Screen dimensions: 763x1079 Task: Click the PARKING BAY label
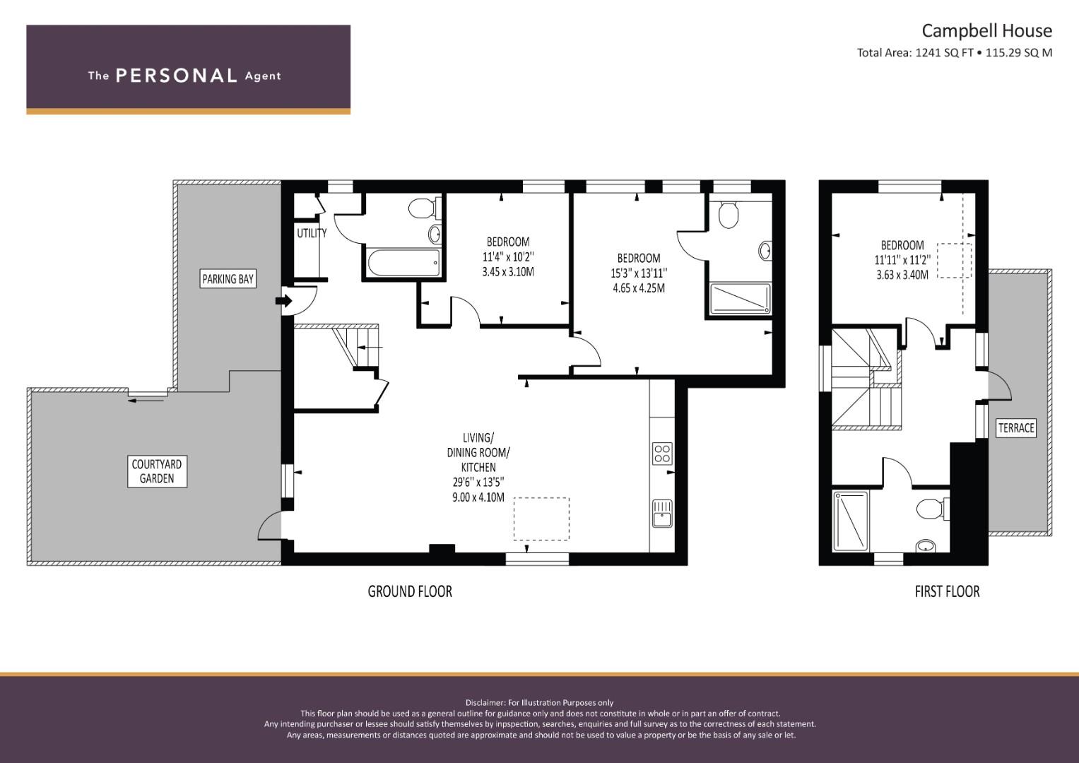[228, 279]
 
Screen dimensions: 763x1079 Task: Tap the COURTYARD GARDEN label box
[157, 471]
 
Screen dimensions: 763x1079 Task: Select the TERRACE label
[1016, 427]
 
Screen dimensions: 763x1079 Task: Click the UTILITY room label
[311, 233]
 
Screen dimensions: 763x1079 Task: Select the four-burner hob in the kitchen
[662, 454]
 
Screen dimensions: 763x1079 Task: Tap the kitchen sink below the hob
[662, 513]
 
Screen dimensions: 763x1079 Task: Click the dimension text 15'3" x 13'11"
[639, 273]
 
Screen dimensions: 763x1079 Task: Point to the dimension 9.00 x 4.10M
[478, 497]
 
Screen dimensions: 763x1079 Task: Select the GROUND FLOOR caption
[410, 591]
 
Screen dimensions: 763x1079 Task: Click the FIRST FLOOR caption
[947, 591]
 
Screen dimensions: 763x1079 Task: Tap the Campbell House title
[986, 30]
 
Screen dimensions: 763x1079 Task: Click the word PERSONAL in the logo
[176, 76]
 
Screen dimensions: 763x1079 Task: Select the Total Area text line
[954, 52]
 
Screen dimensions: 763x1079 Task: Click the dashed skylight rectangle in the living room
[541, 519]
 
